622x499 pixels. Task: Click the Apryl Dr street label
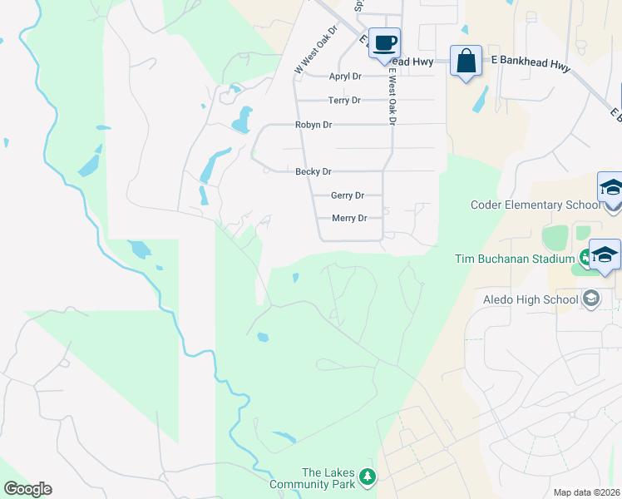tap(345, 77)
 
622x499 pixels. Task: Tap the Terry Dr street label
tap(344, 101)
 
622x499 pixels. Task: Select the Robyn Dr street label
tap(313, 125)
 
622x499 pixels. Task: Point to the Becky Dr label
tap(313, 172)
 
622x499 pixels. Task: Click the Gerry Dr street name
tap(348, 196)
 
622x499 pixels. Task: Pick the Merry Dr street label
tap(350, 219)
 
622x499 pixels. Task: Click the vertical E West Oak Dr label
tap(390, 96)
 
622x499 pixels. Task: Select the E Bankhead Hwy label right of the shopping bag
tap(531, 63)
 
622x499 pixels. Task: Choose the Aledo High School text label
tap(531, 299)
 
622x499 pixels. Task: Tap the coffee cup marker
tap(383, 42)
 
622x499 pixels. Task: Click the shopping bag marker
tap(466, 61)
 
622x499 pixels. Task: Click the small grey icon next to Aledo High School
tap(591, 299)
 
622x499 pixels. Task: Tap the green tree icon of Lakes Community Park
tap(368, 478)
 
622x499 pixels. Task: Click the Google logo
tap(27, 489)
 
